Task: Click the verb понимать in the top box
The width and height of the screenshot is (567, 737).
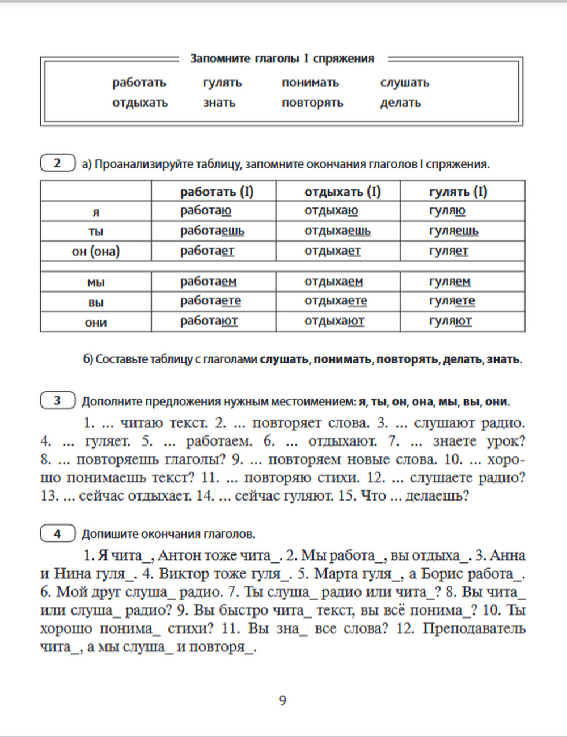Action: coord(310,83)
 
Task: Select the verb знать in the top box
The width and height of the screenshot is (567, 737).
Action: coord(219,103)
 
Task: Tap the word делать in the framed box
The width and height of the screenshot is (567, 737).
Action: coord(400,103)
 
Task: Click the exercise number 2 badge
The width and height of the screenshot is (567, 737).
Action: coord(57,163)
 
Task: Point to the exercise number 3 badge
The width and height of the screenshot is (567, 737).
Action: coord(57,401)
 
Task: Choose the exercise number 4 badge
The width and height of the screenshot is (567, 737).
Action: coord(57,533)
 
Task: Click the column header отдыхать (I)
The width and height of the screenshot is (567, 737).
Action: coord(342,192)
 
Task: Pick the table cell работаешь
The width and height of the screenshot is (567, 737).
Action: coord(212,231)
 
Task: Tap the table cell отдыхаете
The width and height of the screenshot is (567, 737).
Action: coord(336,301)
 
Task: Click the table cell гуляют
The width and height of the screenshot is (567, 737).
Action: coord(450,321)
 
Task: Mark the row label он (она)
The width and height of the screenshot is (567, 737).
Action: coord(96,251)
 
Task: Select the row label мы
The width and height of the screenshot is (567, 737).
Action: coord(96,282)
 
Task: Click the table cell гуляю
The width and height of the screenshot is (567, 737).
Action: coord(447,211)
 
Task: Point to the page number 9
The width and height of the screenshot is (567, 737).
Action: coord(282,701)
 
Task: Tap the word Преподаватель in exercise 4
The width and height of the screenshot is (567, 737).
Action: coord(474,629)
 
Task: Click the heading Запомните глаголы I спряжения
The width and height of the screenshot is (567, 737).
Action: coord(282,58)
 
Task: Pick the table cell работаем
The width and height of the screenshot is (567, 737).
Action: coord(208,282)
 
